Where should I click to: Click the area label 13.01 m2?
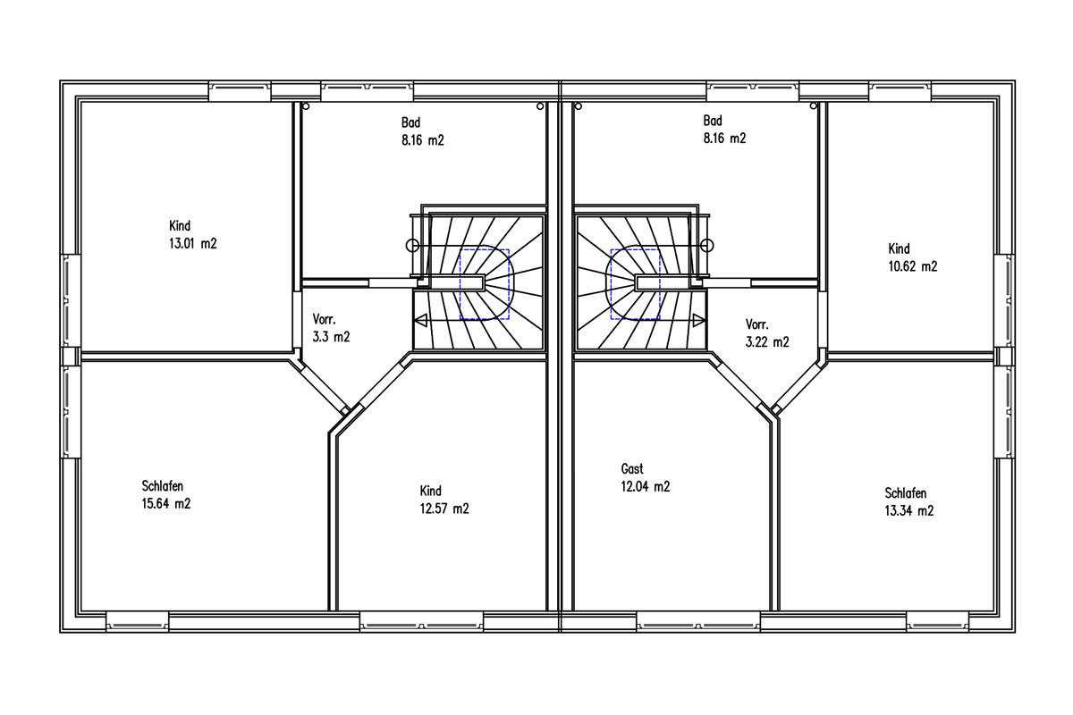[x=193, y=244]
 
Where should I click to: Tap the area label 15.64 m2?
[x=166, y=504]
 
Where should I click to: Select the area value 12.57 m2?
[x=444, y=509]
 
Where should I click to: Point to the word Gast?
[x=632, y=469]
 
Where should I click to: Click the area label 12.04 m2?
[x=646, y=486]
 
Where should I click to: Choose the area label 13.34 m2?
[x=909, y=510]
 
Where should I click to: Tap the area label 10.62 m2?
[x=913, y=266]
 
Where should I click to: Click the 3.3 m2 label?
[x=332, y=337]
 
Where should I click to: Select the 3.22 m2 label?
[x=767, y=342]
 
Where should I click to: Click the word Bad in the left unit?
[x=411, y=122]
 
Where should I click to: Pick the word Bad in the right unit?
[x=713, y=121]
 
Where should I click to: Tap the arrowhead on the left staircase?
[x=420, y=320]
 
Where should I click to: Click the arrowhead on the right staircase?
[x=699, y=320]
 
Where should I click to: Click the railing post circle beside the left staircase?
[x=412, y=246]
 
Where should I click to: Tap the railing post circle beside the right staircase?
[x=707, y=246]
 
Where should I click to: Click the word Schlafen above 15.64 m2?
[x=163, y=486]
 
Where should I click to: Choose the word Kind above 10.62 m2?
[x=900, y=249]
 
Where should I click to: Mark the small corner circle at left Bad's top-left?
[x=306, y=106]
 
